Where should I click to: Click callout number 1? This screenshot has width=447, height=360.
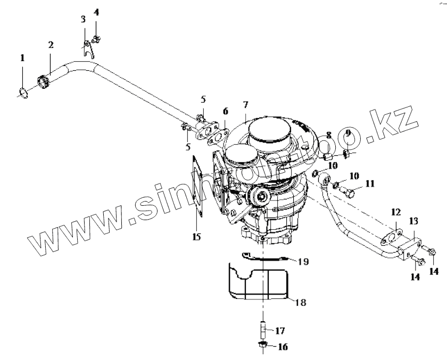(x=22, y=57)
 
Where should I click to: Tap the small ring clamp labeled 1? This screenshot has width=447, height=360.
(x=22, y=93)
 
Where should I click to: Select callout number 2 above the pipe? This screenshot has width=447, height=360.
(x=51, y=45)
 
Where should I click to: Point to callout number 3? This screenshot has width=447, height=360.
(x=84, y=20)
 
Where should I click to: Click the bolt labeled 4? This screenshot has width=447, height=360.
(x=96, y=38)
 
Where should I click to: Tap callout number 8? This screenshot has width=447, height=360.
(x=329, y=136)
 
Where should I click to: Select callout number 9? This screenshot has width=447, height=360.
(x=348, y=134)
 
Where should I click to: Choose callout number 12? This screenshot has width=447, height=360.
(x=395, y=213)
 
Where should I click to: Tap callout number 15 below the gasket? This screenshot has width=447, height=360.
(x=196, y=237)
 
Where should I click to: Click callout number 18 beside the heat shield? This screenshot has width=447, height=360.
(x=301, y=302)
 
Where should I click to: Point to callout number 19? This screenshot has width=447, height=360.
(x=303, y=262)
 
